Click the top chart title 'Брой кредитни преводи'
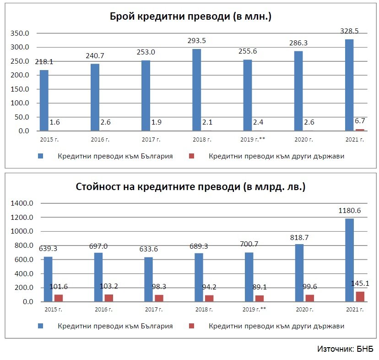[191, 17]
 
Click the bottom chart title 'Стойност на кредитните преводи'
[191, 187]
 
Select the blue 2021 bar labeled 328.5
[349, 85]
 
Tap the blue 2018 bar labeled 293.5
[197, 90]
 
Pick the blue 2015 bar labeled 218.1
[44, 100]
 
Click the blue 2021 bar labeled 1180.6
[349, 260]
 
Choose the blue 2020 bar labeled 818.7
[299, 273]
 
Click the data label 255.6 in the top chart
[248, 51]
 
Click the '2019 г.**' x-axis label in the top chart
[249, 139]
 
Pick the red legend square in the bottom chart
[192, 326]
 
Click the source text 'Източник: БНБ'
[345, 349]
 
